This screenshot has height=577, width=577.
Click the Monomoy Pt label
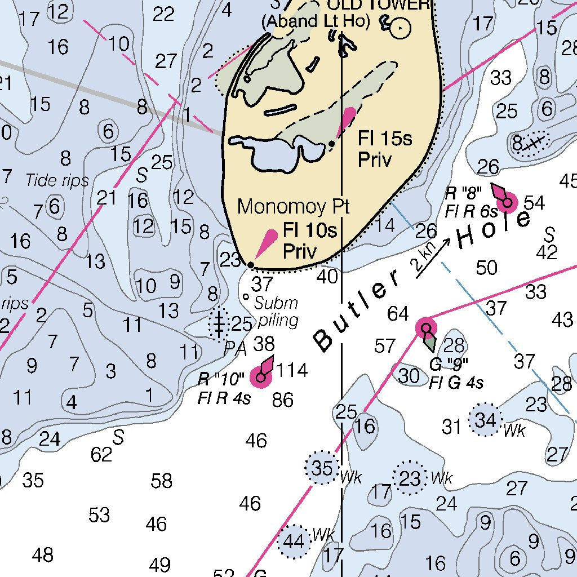pyautogui.click(x=293, y=206)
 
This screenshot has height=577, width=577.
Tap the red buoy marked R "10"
pyautogui.click(x=261, y=376)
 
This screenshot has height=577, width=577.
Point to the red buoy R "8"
pyautogui.click(x=507, y=201)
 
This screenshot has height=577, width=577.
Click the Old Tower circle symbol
pyautogui.click(x=401, y=27)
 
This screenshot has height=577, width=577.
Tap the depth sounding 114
pyautogui.click(x=292, y=370)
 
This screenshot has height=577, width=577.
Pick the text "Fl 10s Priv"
pyautogui.click(x=309, y=241)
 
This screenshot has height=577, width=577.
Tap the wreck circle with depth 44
pyautogui.click(x=294, y=542)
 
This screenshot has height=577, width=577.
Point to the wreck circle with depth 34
pyautogui.click(x=485, y=420)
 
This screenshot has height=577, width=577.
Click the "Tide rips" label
pyautogui.click(x=57, y=180)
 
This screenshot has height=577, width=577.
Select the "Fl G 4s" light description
pyautogui.click(x=456, y=384)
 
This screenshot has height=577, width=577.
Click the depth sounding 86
pyautogui.click(x=282, y=400)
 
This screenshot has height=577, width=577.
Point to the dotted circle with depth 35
pyautogui.click(x=322, y=468)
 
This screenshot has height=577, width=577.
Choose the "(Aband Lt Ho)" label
pyautogui.click(x=315, y=21)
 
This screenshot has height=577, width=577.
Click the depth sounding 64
pyautogui.click(x=398, y=314)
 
